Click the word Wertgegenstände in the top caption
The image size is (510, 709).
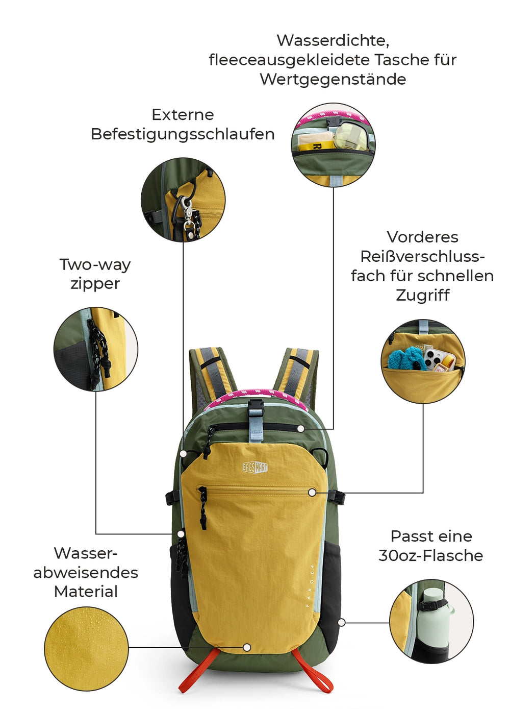coord(333,79)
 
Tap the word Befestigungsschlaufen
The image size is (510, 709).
coord(183,134)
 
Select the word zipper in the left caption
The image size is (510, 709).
coord(95,284)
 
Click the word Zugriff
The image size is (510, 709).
coord(422,296)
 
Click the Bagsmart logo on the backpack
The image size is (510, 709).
coord(255,467)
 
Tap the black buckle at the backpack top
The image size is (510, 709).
coord(256,407)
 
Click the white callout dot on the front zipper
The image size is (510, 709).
coord(312,493)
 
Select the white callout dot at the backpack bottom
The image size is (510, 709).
coord(247,647)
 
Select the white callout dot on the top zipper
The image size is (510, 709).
coord(301,429)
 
